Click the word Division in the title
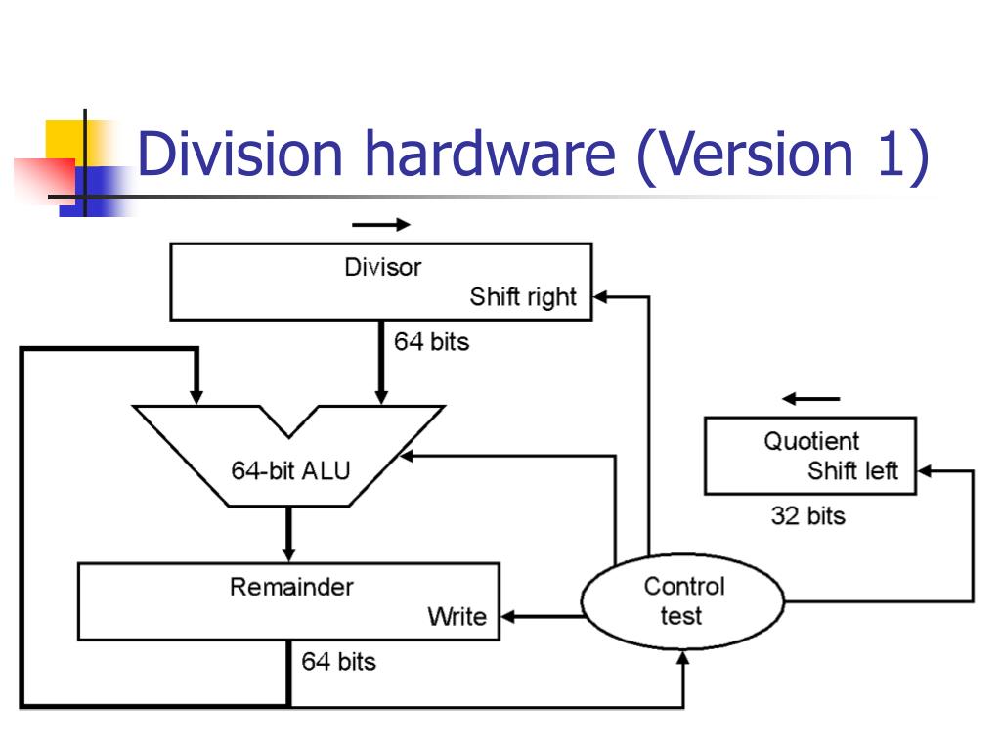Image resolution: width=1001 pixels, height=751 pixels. coord(240,155)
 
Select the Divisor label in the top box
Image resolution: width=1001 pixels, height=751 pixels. coord(382,267)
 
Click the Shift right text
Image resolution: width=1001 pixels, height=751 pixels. coord(523,297)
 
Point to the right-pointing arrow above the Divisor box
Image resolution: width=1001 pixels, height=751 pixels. coord(381,225)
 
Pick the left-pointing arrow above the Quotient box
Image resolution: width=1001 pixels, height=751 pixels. coord(811,399)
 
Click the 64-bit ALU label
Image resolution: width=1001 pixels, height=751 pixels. coord(290,470)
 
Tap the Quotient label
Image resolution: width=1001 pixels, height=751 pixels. coord(811,441)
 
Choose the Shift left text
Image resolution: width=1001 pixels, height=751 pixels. coord(852,471)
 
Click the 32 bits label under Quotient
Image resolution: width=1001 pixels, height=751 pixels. coord(807,515)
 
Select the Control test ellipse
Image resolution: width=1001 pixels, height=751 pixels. coord(683,600)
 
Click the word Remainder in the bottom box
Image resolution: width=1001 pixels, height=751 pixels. coord(291,587)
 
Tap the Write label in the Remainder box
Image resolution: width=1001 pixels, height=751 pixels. coord(457,617)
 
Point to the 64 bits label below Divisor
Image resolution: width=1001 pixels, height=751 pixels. coord(431,342)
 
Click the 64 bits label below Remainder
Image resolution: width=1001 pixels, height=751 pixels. coord(338,662)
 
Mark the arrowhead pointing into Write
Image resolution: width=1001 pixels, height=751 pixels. coord(507,616)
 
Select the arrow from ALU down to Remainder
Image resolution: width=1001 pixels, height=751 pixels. coord(289,534)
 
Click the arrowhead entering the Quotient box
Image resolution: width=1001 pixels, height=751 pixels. coord(924,471)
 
